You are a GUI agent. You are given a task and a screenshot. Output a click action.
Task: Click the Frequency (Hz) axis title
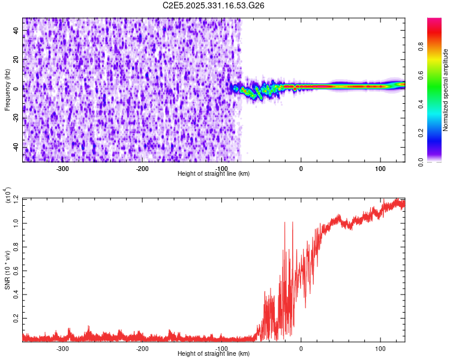coord(8,90)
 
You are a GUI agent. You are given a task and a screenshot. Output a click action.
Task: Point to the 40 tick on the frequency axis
coord(16,31)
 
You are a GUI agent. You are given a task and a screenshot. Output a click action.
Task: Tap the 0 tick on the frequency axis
coord(16,88)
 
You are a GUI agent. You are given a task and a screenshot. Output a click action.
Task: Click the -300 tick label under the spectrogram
coord(63,169)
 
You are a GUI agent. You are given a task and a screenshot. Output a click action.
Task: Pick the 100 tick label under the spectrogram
coord(380,169)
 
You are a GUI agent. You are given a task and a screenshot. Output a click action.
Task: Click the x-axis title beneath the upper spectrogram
coord(214,174)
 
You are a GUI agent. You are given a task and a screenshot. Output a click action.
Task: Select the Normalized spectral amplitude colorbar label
coord(445,90)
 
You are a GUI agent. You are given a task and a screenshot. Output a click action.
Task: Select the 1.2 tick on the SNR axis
coord(16,199)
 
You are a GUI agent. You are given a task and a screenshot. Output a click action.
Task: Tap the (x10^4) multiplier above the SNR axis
coord(8,196)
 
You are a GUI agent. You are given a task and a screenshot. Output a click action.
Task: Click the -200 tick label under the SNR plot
coord(142,349)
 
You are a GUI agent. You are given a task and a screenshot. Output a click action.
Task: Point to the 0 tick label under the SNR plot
coord(301,349)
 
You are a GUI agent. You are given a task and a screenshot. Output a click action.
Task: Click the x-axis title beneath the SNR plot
coord(214,354)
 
